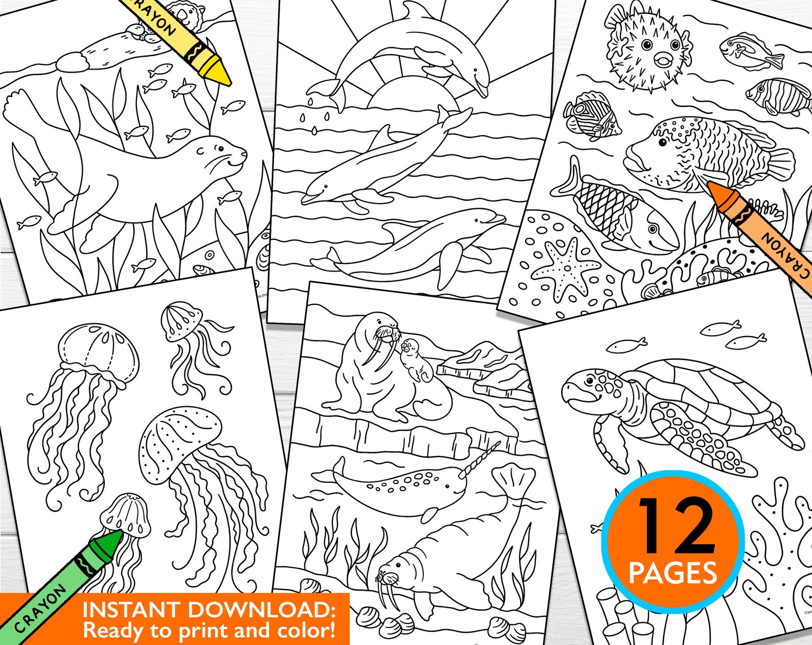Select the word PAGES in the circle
672,573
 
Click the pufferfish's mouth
663,60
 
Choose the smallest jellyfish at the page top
180,320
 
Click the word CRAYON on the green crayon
41,609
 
